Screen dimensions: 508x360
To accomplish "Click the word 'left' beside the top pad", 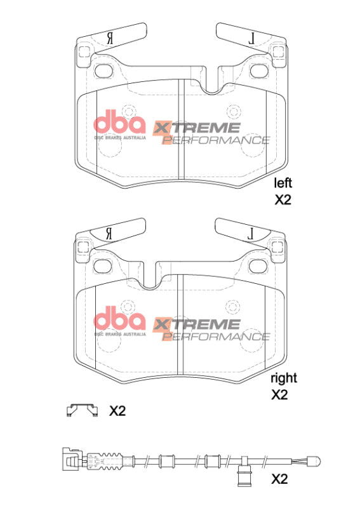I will point(283,184).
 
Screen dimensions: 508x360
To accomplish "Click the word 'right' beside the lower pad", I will point(284,378).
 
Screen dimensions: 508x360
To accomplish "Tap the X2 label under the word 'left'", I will point(283,200).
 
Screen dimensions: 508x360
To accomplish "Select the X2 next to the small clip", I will point(117,411).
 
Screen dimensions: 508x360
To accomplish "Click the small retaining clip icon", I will point(82,410).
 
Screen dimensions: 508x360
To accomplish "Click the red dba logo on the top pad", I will point(120,122).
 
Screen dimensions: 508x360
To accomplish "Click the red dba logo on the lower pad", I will point(120,317).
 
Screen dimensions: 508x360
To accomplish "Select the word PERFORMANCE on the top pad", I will point(216,140).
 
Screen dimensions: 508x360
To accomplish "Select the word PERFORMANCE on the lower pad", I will point(216,335).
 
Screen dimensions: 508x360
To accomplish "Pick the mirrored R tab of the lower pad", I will point(111,232).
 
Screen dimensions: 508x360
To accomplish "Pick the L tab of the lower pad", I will point(250,232).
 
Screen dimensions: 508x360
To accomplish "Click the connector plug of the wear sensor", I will point(69,458).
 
